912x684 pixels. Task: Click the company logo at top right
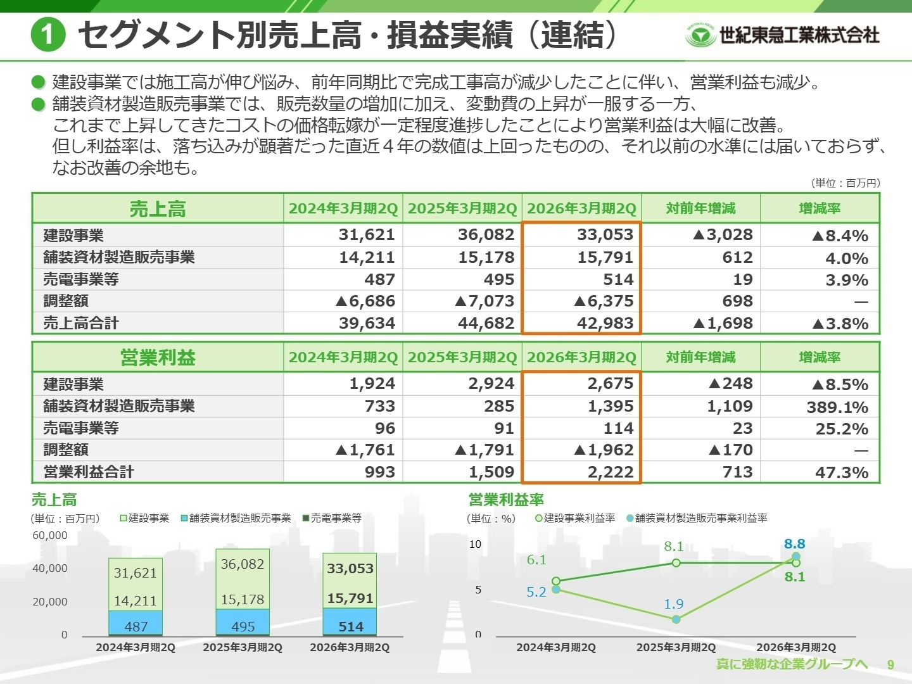tap(782, 35)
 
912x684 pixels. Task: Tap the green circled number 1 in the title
tap(48, 34)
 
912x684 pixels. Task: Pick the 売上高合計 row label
tap(81, 323)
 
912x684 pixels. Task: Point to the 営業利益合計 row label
tap(89, 472)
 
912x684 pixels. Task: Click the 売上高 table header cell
tap(158, 209)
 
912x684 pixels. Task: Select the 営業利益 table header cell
tap(158, 358)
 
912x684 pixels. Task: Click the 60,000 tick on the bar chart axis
tap(49, 535)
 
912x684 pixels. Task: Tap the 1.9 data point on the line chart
tap(676, 619)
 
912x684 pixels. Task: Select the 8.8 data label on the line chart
tap(794, 544)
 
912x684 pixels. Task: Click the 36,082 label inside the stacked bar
tap(242, 564)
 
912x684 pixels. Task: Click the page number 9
tap(890, 664)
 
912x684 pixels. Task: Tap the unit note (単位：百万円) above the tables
tap(845, 183)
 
